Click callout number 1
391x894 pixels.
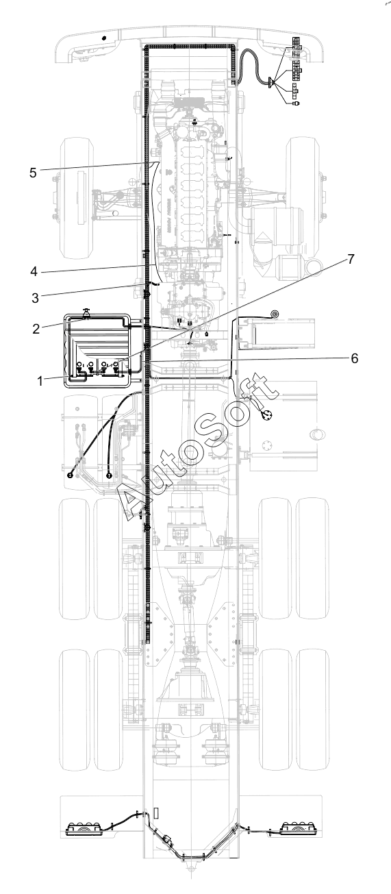tap(40, 381)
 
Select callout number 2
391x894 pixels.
tap(36, 329)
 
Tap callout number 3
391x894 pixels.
tap(36, 298)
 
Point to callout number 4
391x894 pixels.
tap(34, 271)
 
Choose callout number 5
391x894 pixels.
tap(33, 173)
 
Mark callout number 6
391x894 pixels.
tap(354, 358)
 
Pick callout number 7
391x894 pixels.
tap(351, 259)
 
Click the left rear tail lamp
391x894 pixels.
tap(84, 828)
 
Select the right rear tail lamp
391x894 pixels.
tap(300, 828)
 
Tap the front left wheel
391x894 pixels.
tap(76, 198)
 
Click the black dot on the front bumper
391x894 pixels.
tap(104, 38)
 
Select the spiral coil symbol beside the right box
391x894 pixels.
tap(275, 314)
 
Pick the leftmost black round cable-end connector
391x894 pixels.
tap(71, 475)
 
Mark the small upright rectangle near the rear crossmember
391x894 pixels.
tap(156, 812)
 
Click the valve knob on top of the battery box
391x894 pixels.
tap(85, 313)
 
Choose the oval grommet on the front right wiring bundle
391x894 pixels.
tap(272, 83)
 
